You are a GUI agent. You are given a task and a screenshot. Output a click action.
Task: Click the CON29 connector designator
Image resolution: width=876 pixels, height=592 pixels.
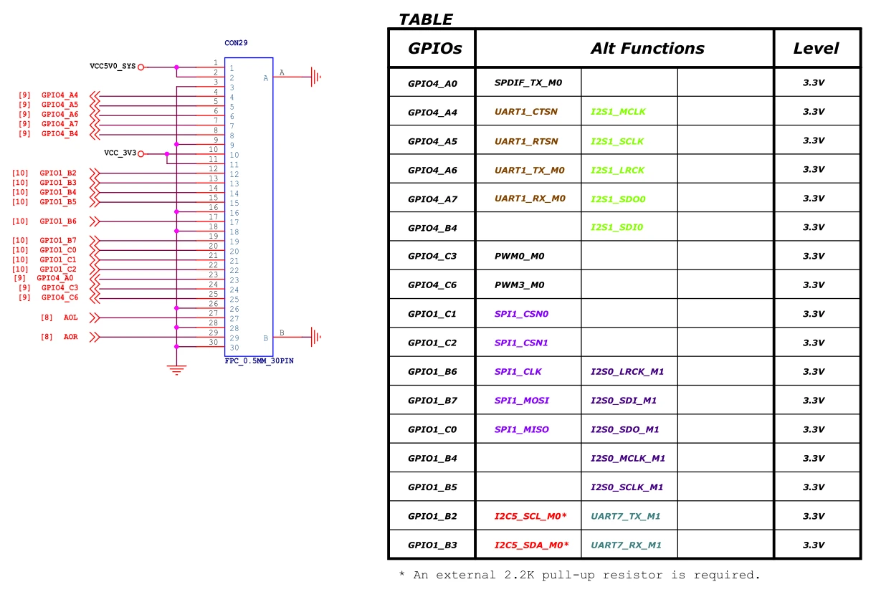236,42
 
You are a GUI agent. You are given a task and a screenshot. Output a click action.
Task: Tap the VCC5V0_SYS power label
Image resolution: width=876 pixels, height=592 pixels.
113,66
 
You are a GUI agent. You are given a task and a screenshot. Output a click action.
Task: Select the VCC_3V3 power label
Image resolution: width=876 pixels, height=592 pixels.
120,153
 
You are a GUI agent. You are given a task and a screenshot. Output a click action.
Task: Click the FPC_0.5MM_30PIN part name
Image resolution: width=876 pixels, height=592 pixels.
259,361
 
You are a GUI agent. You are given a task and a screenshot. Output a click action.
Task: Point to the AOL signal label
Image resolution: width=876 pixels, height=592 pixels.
70,317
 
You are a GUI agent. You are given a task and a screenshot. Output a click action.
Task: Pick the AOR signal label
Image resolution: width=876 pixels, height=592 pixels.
70,337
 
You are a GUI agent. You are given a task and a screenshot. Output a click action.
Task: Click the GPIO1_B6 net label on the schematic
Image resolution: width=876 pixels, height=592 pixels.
58,221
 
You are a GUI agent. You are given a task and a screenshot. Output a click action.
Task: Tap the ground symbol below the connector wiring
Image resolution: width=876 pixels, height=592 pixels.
176,370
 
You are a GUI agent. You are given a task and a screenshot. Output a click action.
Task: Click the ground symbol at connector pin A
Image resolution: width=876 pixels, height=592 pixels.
315,77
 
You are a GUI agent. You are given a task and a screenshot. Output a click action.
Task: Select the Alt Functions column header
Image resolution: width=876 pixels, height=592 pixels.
647,49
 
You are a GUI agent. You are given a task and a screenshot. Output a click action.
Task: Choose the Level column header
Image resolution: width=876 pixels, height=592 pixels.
816,49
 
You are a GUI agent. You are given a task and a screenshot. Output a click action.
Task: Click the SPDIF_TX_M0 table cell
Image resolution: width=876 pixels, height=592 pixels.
528,82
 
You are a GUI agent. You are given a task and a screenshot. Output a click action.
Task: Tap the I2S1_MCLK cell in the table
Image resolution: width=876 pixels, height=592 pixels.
618,111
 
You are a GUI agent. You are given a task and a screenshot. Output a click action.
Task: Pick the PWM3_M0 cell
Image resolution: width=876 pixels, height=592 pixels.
519,285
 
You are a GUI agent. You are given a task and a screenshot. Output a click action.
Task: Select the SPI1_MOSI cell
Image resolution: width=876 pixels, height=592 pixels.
522,401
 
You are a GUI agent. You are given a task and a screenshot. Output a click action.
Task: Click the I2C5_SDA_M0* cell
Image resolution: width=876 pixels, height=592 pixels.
531,545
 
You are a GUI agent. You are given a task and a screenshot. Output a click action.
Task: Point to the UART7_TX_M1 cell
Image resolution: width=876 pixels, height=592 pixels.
625,516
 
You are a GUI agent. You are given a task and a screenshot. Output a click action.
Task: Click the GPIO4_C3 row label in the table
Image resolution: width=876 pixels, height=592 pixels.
432,256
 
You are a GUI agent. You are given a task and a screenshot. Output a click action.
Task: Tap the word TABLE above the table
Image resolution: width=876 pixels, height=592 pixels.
426,19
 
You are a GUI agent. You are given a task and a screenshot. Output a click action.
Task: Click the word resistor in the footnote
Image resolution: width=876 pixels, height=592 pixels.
632,575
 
